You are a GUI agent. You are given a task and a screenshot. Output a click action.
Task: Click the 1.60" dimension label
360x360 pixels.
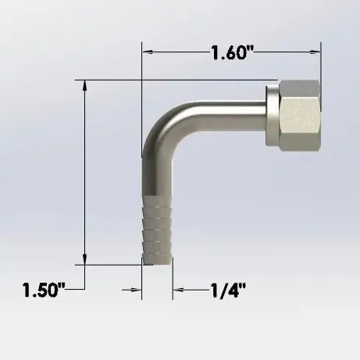click(233, 52)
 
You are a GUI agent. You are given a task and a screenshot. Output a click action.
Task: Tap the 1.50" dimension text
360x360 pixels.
click(44, 290)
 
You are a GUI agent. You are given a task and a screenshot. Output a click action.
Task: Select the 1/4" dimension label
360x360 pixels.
click(228, 290)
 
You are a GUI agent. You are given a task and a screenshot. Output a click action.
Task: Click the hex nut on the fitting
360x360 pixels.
click(300, 116)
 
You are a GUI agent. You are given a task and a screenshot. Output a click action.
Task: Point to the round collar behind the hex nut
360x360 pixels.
click(273, 115)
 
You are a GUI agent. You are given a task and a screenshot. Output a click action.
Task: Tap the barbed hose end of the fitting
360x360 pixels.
click(157, 230)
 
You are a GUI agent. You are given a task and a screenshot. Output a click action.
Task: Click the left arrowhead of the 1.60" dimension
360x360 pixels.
click(148, 52)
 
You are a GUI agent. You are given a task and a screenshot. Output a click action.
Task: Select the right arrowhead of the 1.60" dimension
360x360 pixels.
click(315, 52)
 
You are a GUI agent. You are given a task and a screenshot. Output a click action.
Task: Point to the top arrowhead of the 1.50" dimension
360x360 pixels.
click(84, 85)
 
